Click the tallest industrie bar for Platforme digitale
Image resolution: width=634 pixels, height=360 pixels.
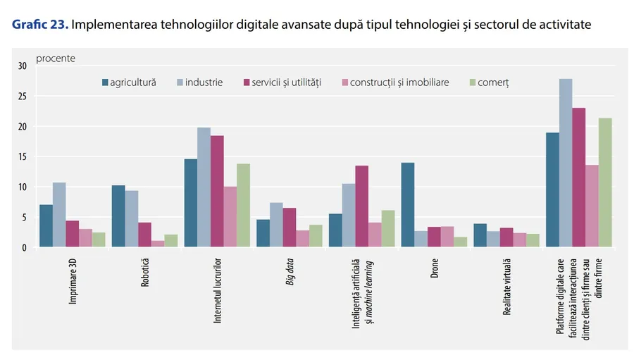pyautogui.click(x=566, y=163)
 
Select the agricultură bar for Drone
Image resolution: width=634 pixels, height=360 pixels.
pyautogui.click(x=407, y=205)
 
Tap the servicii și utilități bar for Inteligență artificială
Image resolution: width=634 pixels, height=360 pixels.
pyautogui.click(x=361, y=206)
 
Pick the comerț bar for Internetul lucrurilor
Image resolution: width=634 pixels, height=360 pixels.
pyautogui.click(x=243, y=205)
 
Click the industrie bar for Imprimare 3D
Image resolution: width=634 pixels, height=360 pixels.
pyautogui.click(x=59, y=215)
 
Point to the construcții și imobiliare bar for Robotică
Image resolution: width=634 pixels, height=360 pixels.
pyautogui.click(x=158, y=244)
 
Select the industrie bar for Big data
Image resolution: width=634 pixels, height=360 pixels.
pyautogui.click(x=275, y=225)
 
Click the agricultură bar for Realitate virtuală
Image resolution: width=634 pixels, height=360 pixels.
pyautogui.click(x=480, y=235)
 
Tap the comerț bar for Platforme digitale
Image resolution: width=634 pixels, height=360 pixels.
pyautogui.click(x=604, y=182)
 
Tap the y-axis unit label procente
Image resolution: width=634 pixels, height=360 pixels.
pyautogui.click(x=56, y=58)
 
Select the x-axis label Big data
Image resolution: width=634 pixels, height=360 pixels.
pyautogui.click(x=289, y=273)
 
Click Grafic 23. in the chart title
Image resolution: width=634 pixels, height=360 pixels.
pyautogui.click(x=39, y=25)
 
